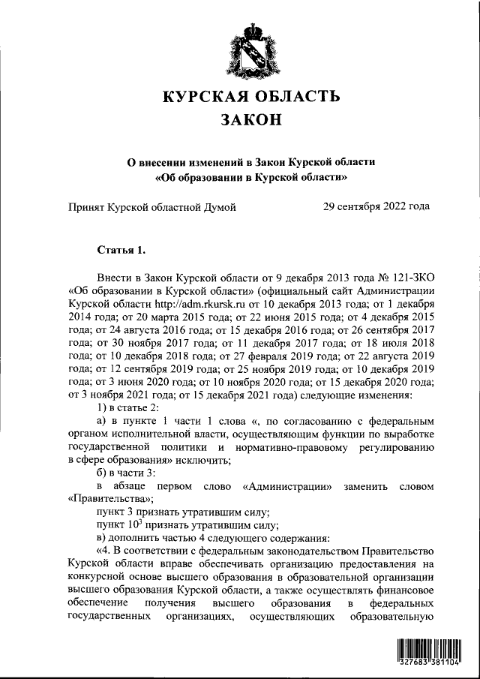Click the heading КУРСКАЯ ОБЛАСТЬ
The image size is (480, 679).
[x=250, y=96]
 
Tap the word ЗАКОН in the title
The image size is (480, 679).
[x=250, y=119]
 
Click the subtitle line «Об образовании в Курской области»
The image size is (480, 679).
[x=250, y=178]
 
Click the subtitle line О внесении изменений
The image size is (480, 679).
[x=250, y=163]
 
